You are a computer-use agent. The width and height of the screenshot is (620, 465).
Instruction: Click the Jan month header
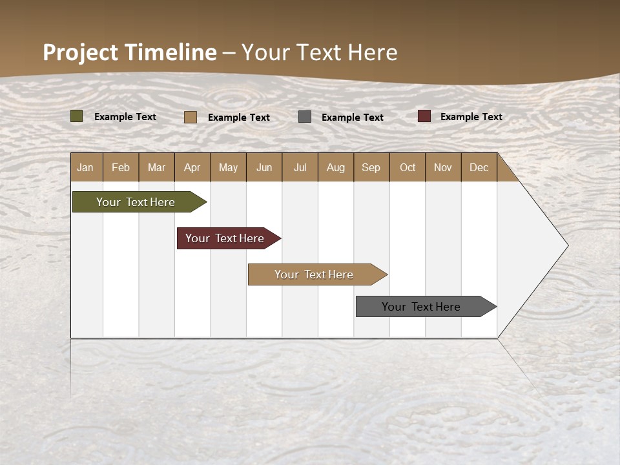click(x=86, y=167)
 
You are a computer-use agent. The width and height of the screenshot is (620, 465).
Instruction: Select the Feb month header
click(x=121, y=167)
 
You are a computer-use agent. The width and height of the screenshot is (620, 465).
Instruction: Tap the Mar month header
click(x=156, y=167)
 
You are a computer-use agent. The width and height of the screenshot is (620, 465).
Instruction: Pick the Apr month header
click(x=192, y=167)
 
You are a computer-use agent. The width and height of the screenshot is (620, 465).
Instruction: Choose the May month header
click(x=228, y=167)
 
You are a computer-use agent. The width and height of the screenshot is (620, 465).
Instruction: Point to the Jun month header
click(x=264, y=167)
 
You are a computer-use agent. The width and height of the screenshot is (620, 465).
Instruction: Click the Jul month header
click(x=300, y=167)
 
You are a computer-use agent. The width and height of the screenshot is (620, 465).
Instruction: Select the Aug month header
click(x=336, y=167)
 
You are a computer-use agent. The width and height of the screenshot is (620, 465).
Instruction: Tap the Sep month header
click(x=371, y=167)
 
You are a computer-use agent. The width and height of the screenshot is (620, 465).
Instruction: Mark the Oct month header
click(x=408, y=167)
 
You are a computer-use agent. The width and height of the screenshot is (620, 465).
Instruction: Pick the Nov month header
click(x=443, y=167)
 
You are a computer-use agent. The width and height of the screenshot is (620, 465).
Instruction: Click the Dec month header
click(x=479, y=167)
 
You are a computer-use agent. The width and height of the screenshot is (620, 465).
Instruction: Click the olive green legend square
click(x=77, y=116)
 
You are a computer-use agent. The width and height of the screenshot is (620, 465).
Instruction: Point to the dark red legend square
click(x=424, y=116)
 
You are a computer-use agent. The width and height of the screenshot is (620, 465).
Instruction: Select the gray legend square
click(x=305, y=117)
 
